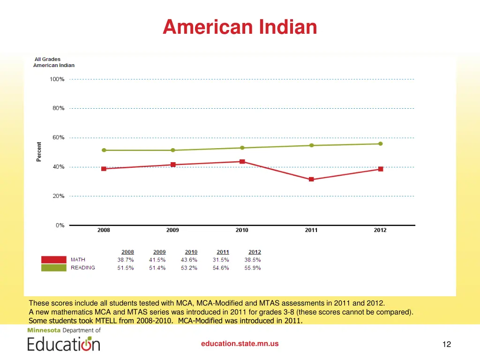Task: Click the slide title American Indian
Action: tap(240, 27)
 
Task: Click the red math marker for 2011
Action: tap(311, 180)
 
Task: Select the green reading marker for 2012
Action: tap(380, 144)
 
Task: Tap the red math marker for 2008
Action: tap(104, 169)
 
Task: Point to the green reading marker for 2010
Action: tap(242, 148)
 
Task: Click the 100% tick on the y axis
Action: tap(57, 79)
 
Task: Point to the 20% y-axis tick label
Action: tap(58, 196)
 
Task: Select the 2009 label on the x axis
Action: tap(172, 230)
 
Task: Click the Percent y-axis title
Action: tap(39, 152)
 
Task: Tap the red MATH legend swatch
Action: tap(54, 260)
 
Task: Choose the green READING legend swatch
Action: tap(54, 268)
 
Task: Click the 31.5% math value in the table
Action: tap(221, 260)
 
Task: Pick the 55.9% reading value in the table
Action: tap(253, 268)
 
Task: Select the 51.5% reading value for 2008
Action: tap(126, 268)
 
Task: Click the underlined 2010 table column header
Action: tap(191, 252)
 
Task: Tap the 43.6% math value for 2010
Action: tap(189, 260)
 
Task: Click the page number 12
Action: tap(446, 345)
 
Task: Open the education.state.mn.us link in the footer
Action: tap(240, 344)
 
